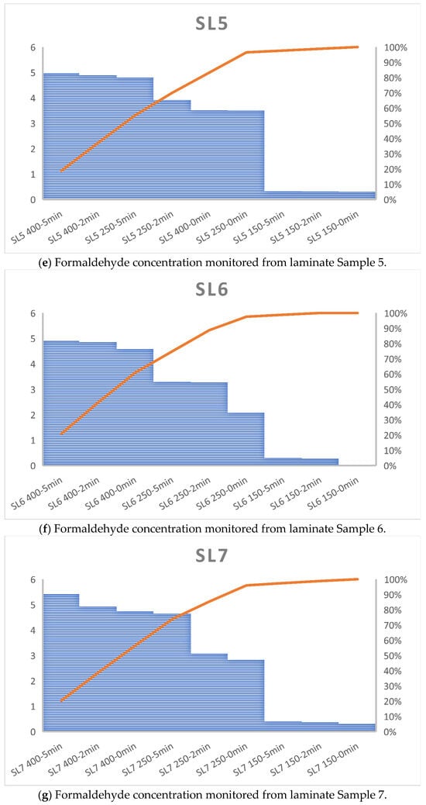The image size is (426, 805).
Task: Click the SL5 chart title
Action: pyautogui.click(x=213, y=24)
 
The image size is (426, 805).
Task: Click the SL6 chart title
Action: pyautogui.click(x=213, y=290)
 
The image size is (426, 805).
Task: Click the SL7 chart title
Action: pyautogui.click(x=213, y=556)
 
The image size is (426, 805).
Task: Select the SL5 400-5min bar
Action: pyautogui.click(x=61, y=136)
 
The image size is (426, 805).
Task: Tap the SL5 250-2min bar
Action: pyautogui.click(x=172, y=150)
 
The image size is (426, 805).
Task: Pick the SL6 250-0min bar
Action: pyautogui.click(x=246, y=439)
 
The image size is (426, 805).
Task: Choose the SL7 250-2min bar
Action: pyautogui.click(x=208, y=693)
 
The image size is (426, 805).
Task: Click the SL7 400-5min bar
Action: pyautogui.click(x=61, y=662)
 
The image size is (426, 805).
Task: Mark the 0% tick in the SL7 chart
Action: pyautogui.click(x=391, y=731)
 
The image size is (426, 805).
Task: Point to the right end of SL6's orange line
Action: pyautogui.click(x=357, y=313)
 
